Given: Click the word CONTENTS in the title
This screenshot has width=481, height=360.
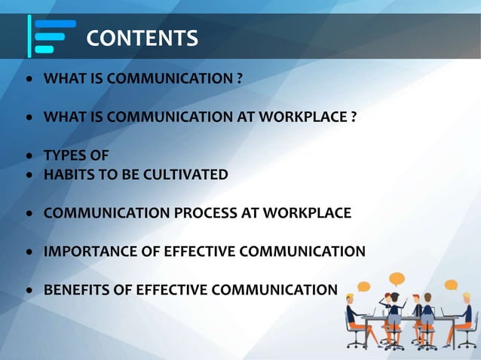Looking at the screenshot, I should point(142,37).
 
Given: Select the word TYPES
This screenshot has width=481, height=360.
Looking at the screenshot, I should point(65,156).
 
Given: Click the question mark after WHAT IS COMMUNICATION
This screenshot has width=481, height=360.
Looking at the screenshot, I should point(238,78).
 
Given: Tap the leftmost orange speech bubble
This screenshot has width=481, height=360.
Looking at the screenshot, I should point(363,286).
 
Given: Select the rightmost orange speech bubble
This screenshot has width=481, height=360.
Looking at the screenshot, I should point(451,285).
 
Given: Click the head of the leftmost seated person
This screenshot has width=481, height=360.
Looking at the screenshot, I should point(350,298).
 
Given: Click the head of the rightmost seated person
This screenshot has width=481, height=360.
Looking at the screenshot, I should point(467,298).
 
